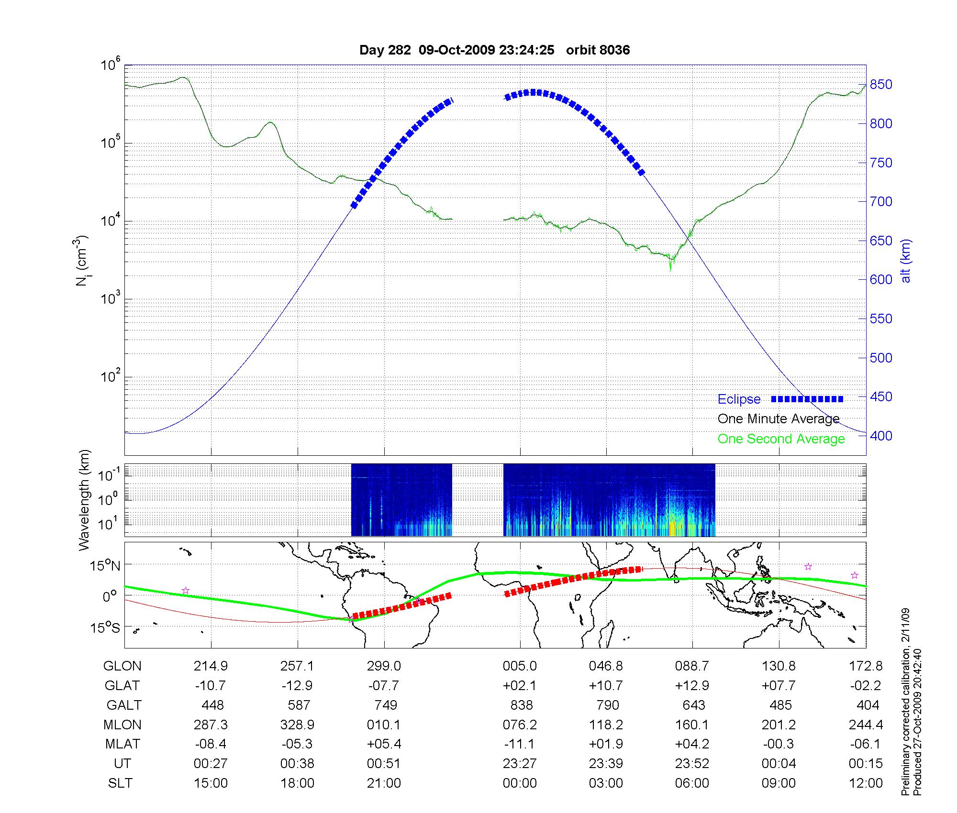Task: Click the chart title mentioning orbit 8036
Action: click(x=494, y=50)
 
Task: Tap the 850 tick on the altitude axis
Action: click(x=881, y=85)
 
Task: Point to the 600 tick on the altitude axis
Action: click(x=881, y=280)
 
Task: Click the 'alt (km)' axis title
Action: click(x=906, y=261)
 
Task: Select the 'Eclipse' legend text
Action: click(x=739, y=399)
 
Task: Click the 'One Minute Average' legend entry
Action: click(x=779, y=419)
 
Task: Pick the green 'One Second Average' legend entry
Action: click(x=781, y=439)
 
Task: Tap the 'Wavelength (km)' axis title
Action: click(x=84, y=500)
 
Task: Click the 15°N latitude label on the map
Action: click(x=106, y=566)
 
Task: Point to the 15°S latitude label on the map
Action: click(x=106, y=627)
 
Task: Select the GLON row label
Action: click(x=122, y=666)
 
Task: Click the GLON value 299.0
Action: click(x=384, y=666)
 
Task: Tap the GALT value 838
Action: click(x=522, y=705)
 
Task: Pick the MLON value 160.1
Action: click(x=692, y=725)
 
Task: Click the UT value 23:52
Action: click(x=692, y=764)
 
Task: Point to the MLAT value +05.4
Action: click(x=384, y=744)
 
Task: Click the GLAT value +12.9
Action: click(x=692, y=686)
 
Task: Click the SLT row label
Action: click(x=121, y=783)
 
